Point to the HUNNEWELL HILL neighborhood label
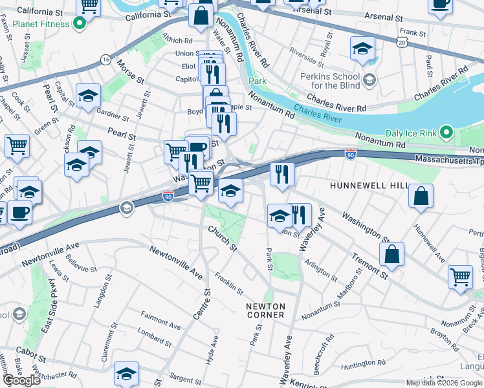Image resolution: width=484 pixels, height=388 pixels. coord(369,186)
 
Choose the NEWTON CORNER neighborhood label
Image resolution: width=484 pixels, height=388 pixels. coord(265,310)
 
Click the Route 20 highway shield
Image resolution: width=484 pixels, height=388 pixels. coord(402,41)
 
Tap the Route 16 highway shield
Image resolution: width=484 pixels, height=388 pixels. coord(105,59)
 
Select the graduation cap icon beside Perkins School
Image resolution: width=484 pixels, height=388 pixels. coord(362,48)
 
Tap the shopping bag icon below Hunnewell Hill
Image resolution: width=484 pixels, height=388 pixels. coord(421,196)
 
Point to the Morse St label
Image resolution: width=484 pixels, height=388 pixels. coord(130,71)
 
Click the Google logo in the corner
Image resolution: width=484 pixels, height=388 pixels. coord(21,380)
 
